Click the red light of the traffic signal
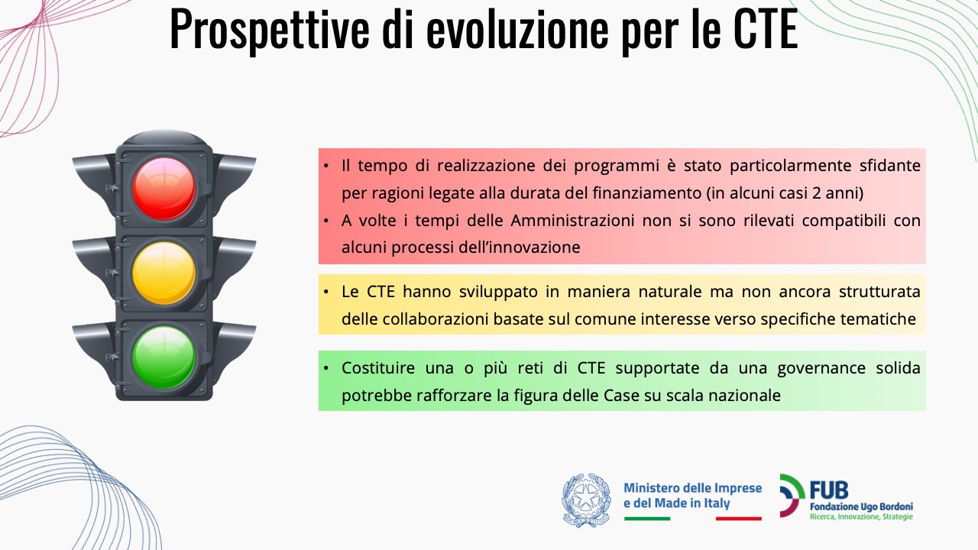164,189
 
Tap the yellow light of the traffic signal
164,273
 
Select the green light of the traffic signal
164,357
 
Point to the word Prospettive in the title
270,31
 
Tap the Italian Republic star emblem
586,500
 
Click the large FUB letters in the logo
829,490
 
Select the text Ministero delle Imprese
693,487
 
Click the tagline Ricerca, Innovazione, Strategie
861,517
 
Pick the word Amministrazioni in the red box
572,221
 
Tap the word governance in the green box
821,368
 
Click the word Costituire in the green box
378,367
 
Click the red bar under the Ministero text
739,519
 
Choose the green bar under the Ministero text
647,519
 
